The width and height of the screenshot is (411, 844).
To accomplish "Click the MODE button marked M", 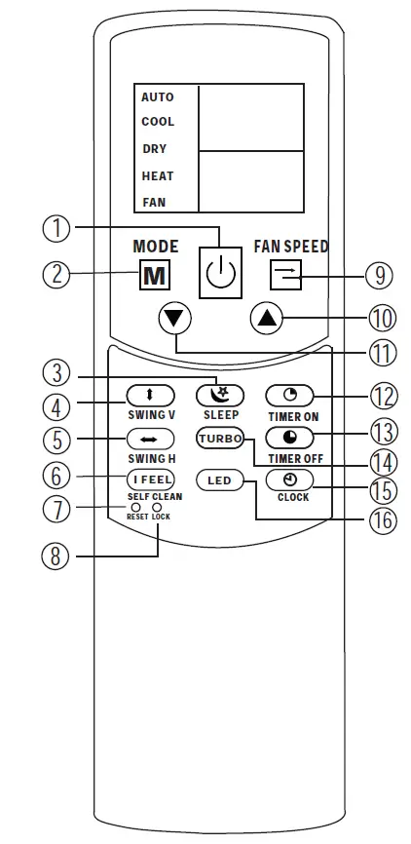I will (155, 275).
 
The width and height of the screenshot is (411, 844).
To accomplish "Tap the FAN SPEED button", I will (287, 276).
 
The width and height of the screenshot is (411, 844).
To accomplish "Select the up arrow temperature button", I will (266, 318).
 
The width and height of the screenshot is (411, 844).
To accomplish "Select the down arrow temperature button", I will (177, 318).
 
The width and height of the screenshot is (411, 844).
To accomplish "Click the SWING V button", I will (150, 396).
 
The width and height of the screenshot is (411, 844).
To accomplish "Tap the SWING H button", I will (150, 439).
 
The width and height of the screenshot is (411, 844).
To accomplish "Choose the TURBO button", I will (220, 438).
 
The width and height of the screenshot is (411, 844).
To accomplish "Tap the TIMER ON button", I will (291, 396).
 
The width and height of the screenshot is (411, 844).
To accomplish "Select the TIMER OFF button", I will (291, 438).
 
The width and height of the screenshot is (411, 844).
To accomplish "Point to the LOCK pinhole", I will (158, 507).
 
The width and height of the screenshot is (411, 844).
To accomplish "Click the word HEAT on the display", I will (158, 176).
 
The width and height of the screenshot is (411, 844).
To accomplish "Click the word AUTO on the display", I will (157, 97).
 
